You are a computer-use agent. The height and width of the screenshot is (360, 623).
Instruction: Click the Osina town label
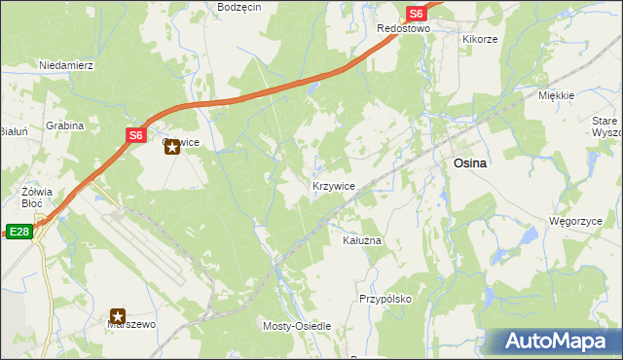(470, 164)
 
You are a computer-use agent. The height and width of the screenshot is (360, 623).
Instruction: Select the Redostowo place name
(404, 29)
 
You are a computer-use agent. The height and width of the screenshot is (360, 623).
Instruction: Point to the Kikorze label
(480, 40)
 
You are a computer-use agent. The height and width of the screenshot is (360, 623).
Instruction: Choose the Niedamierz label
(65, 65)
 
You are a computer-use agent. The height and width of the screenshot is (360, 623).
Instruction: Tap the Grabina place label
(64, 126)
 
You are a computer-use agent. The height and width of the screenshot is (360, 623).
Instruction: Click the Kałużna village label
(362, 239)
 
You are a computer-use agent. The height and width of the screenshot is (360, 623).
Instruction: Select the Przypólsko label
(385, 300)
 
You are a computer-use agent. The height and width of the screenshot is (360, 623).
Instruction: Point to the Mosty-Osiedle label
(298, 326)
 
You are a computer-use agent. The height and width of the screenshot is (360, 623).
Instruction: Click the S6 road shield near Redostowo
(416, 14)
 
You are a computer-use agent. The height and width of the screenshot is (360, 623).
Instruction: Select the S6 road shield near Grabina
(135, 135)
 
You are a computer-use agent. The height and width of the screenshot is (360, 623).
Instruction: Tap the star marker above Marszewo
(118, 316)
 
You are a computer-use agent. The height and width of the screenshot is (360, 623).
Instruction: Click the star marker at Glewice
(172, 148)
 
